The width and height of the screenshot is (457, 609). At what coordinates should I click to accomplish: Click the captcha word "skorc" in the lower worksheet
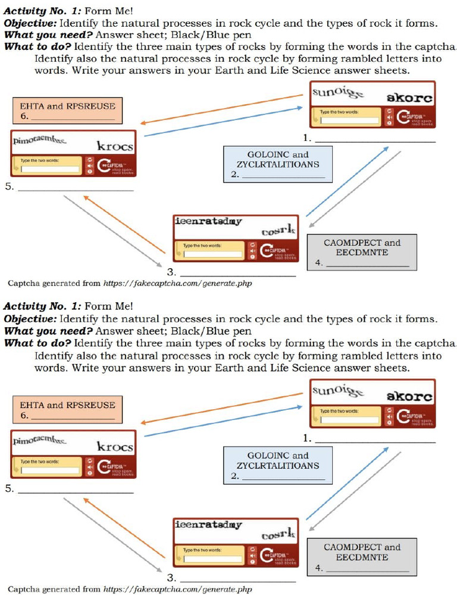(409, 396)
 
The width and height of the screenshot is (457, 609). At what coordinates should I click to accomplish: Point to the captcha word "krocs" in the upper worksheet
(115, 146)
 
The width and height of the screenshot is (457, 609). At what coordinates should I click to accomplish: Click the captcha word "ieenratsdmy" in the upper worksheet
(208, 222)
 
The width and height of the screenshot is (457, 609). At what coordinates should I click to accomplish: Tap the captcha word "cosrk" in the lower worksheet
(278, 534)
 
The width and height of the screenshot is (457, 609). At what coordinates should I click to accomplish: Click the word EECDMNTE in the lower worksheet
(362, 557)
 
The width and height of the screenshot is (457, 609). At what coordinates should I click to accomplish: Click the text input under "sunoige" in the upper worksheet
(349, 120)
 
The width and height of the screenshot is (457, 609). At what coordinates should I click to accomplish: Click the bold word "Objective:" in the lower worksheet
(31, 319)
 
